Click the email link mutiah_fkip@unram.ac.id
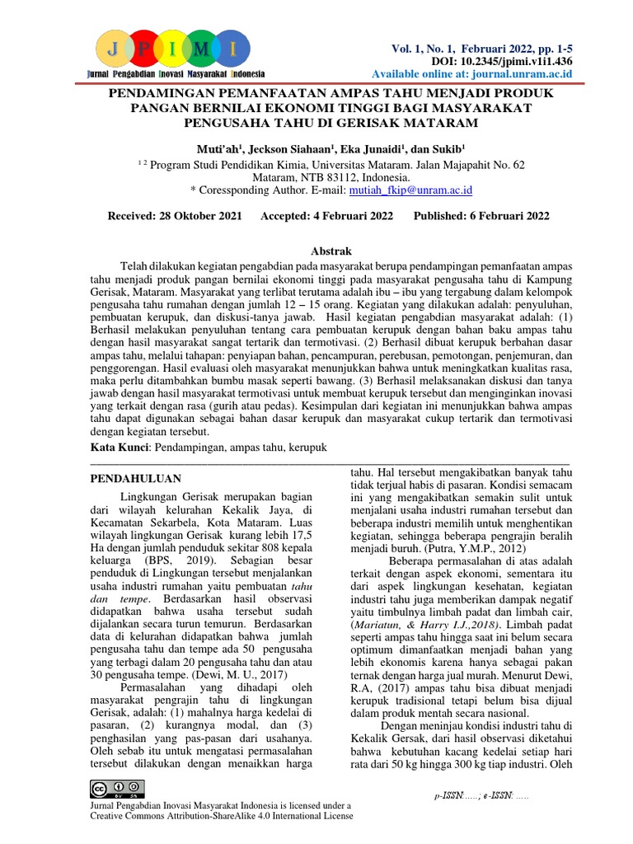[410, 190]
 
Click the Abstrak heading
[330, 251]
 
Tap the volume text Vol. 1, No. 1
[429, 49]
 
